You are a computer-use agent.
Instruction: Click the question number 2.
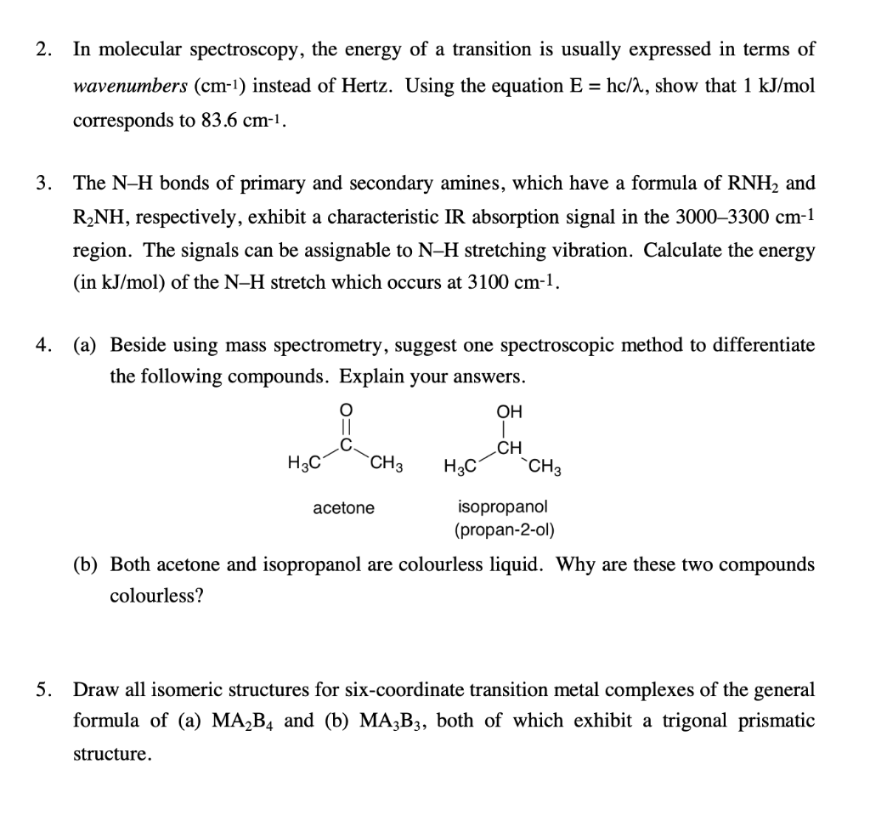[42, 49]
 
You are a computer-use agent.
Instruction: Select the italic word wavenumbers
[130, 86]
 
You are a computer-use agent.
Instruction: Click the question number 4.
[42, 345]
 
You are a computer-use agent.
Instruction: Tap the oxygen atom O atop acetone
[345, 411]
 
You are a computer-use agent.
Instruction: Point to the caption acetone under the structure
[343, 508]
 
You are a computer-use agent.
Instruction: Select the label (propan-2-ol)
[504, 531]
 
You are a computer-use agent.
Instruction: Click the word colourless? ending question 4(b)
[156, 596]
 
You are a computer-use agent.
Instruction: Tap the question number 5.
[42, 688]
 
